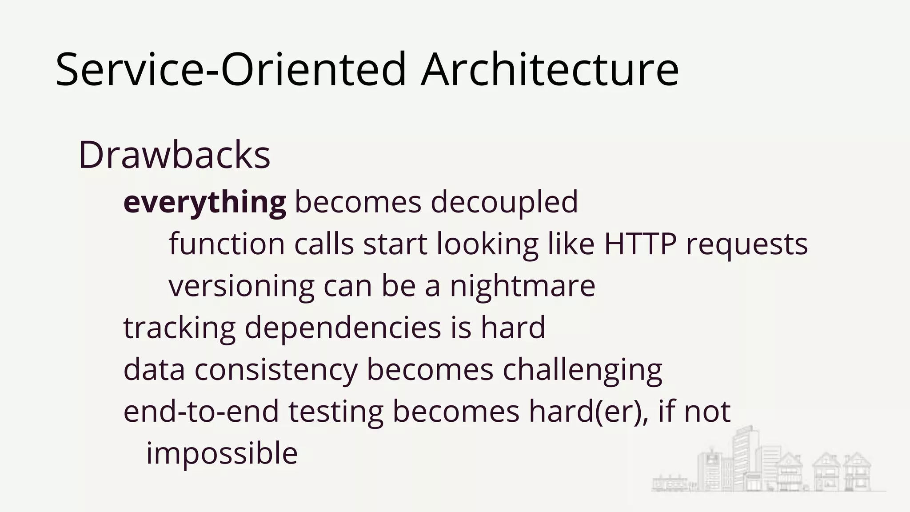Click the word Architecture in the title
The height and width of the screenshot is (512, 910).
[x=550, y=70]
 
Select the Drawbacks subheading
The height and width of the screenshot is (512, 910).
[x=174, y=156]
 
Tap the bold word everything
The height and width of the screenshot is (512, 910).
[x=205, y=202]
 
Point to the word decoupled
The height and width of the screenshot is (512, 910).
[x=504, y=202]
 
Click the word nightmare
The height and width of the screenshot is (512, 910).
[x=523, y=286]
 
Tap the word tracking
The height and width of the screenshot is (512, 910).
[x=179, y=328]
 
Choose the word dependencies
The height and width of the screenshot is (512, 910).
[x=343, y=328]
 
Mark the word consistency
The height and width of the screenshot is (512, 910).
[x=275, y=370]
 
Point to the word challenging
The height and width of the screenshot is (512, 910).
[x=582, y=370]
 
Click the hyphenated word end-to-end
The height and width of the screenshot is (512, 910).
[x=201, y=412]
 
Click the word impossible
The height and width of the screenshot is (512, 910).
[x=222, y=454]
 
